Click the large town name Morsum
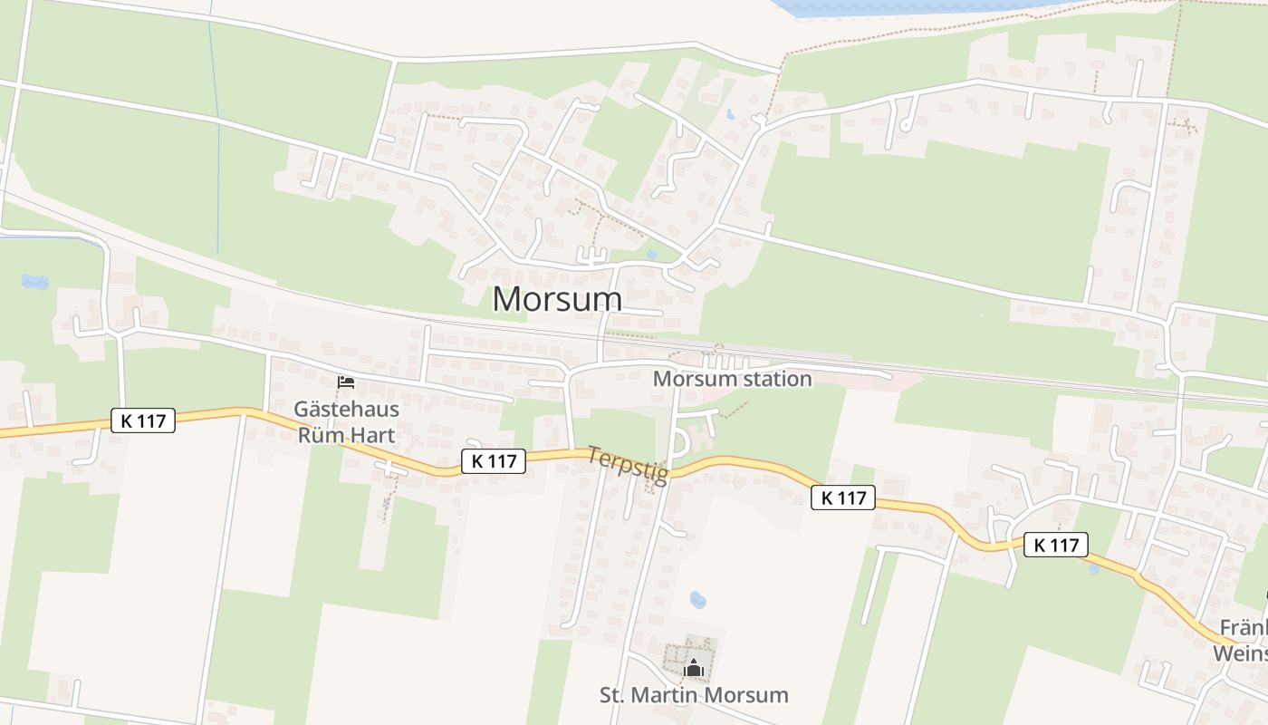[x=557, y=299]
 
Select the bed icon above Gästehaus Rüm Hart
[x=345, y=382]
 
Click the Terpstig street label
[x=628, y=465]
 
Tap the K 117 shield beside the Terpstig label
[x=494, y=460]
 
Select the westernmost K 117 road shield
[x=143, y=420]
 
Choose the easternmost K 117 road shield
[x=1056, y=545]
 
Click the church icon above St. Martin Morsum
[x=694, y=669]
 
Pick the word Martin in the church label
[x=670, y=695]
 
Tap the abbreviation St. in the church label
[x=613, y=695]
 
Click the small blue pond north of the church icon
[x=697, y=600]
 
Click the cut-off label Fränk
[x=1243, y=628]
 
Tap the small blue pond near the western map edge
[x=35, y=282]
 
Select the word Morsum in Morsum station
[x=691, y=379]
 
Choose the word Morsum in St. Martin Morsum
[x=750, y=695]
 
